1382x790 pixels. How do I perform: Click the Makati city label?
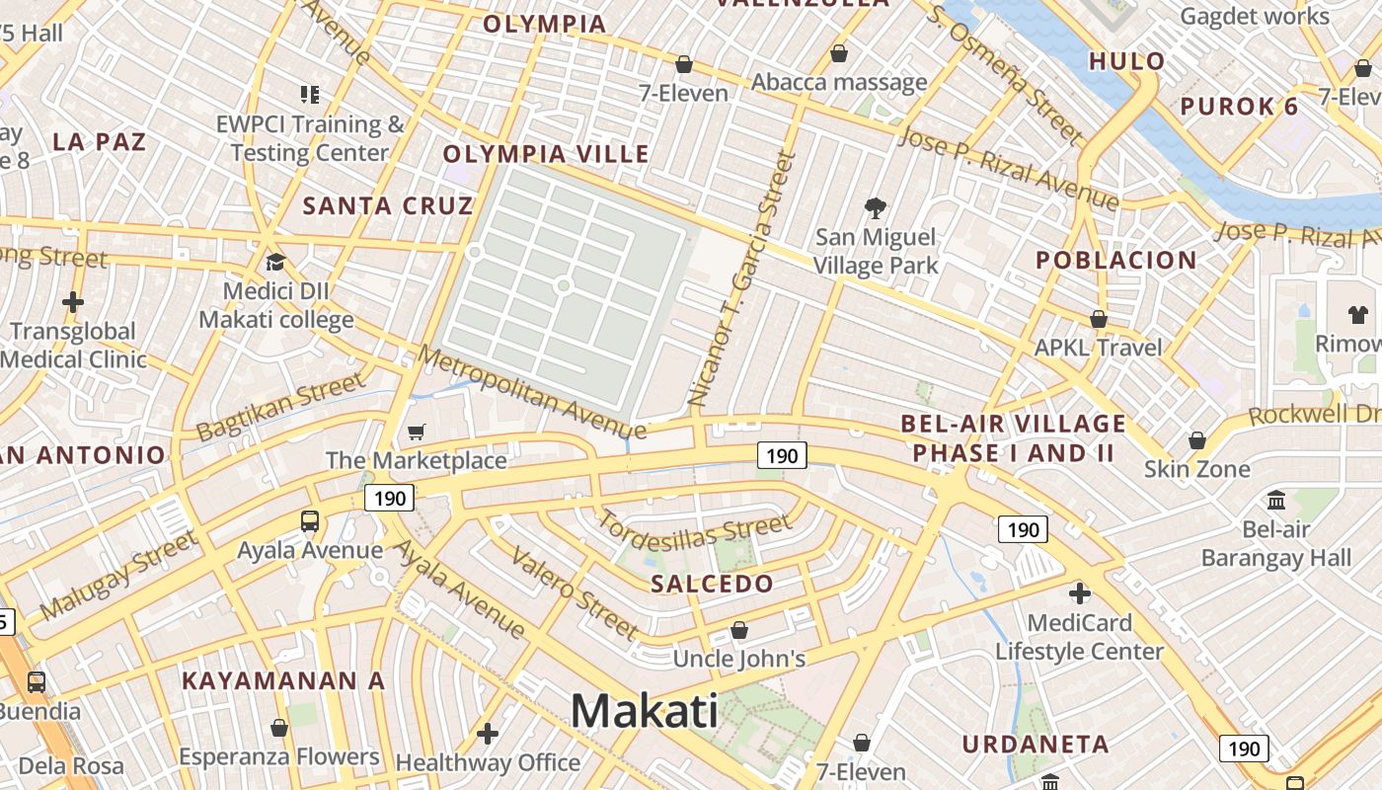[x=645, y=711]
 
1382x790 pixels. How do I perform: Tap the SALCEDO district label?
[x=713, y=584]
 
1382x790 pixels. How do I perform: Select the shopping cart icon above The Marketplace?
[x=417, y=432]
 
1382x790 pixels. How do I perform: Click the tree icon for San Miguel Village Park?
[x=875, y=207]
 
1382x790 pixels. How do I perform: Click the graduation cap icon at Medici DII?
[x=275, y=263]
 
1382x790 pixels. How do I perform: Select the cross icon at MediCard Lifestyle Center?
[x=1080, y=593]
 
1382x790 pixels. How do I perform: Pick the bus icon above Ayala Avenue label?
[x=310, y=520]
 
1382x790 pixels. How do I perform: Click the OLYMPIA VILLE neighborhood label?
[x=546, y=154]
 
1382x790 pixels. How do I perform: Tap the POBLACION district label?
[x=1116, y=261]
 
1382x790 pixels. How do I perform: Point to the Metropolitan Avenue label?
[x=531, y=392]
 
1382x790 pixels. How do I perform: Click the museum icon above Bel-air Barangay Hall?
[x=1276, y=500]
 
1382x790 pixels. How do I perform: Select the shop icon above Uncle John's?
[x=739, y=630]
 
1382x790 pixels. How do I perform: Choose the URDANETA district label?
[x=1036, y=744]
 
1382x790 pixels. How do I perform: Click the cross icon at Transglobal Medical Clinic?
[x=73, y=301]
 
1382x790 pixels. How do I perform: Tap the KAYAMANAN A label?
[x=283, y=680]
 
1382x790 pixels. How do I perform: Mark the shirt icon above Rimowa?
[x=1358, y=315]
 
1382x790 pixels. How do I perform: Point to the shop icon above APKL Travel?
[x=1098, y=319]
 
